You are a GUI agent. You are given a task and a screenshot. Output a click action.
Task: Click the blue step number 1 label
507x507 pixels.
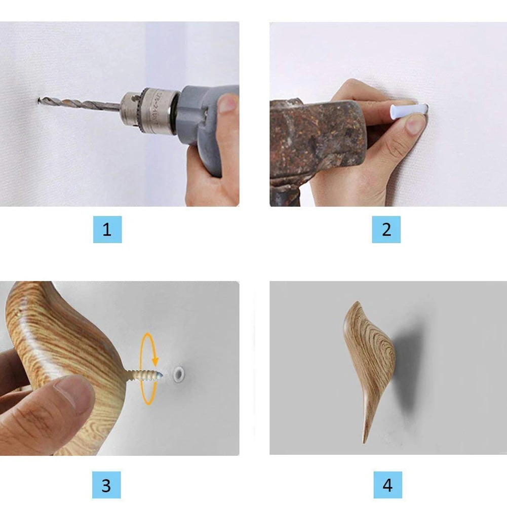coord(107,229)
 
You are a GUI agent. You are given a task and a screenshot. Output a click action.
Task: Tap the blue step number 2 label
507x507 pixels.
coord(386,229)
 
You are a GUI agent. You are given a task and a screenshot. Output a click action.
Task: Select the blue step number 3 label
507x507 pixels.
coord(106,485)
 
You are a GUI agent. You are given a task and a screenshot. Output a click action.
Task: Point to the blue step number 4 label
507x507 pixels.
coord(387,485)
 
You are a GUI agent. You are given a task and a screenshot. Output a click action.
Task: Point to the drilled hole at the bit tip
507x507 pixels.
coord(38,101)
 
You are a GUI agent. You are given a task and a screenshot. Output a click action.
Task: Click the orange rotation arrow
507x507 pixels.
coord(148,369)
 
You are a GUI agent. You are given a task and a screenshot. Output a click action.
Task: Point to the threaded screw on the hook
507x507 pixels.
coord(144,375)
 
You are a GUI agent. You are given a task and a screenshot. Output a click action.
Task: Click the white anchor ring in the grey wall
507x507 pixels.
coord(178,374)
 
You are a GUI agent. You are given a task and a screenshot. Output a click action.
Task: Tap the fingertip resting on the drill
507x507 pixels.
coord(228,103)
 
